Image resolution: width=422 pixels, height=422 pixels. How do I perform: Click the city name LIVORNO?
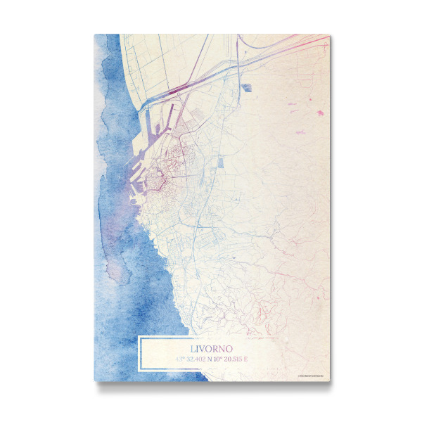click(x=212, y=348)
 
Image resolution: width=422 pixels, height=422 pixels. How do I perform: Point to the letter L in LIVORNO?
click(x=193, y=348)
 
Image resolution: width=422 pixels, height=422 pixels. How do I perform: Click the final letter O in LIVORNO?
click(x=230, y=348)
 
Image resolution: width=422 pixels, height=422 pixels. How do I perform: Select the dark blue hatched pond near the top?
click(x=246, y=88)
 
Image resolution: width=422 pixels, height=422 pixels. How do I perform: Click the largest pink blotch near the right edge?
click(x=320, y=113)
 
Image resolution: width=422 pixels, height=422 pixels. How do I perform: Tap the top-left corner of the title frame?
click(x=139, y=338)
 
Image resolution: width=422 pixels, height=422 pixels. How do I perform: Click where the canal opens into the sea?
click(x=141, y=105)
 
